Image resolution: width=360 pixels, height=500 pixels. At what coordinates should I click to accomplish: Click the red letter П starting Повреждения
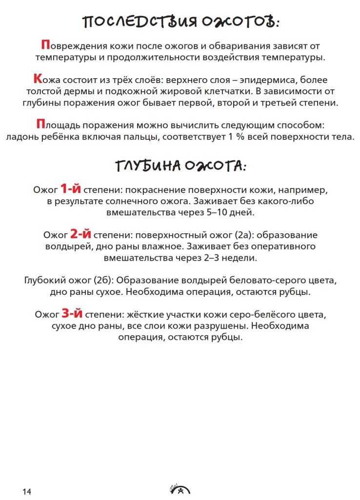pos(45,45)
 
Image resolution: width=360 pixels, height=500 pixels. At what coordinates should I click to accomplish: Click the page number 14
pos(26,491)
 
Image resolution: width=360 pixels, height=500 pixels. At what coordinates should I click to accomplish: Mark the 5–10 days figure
pos(213,213)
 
